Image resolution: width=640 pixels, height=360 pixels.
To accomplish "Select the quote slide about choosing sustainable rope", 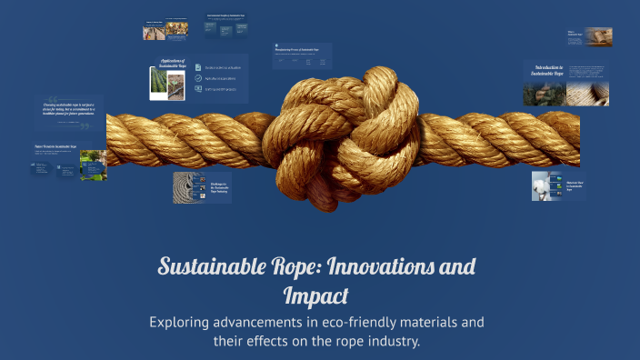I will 67,113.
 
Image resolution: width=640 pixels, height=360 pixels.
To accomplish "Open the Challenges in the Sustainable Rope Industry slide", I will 203,187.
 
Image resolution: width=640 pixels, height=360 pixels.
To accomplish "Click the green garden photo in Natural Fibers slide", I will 93,165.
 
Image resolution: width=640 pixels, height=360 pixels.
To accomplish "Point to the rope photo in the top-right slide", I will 599,36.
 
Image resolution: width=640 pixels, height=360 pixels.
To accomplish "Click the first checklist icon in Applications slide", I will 198,66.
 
